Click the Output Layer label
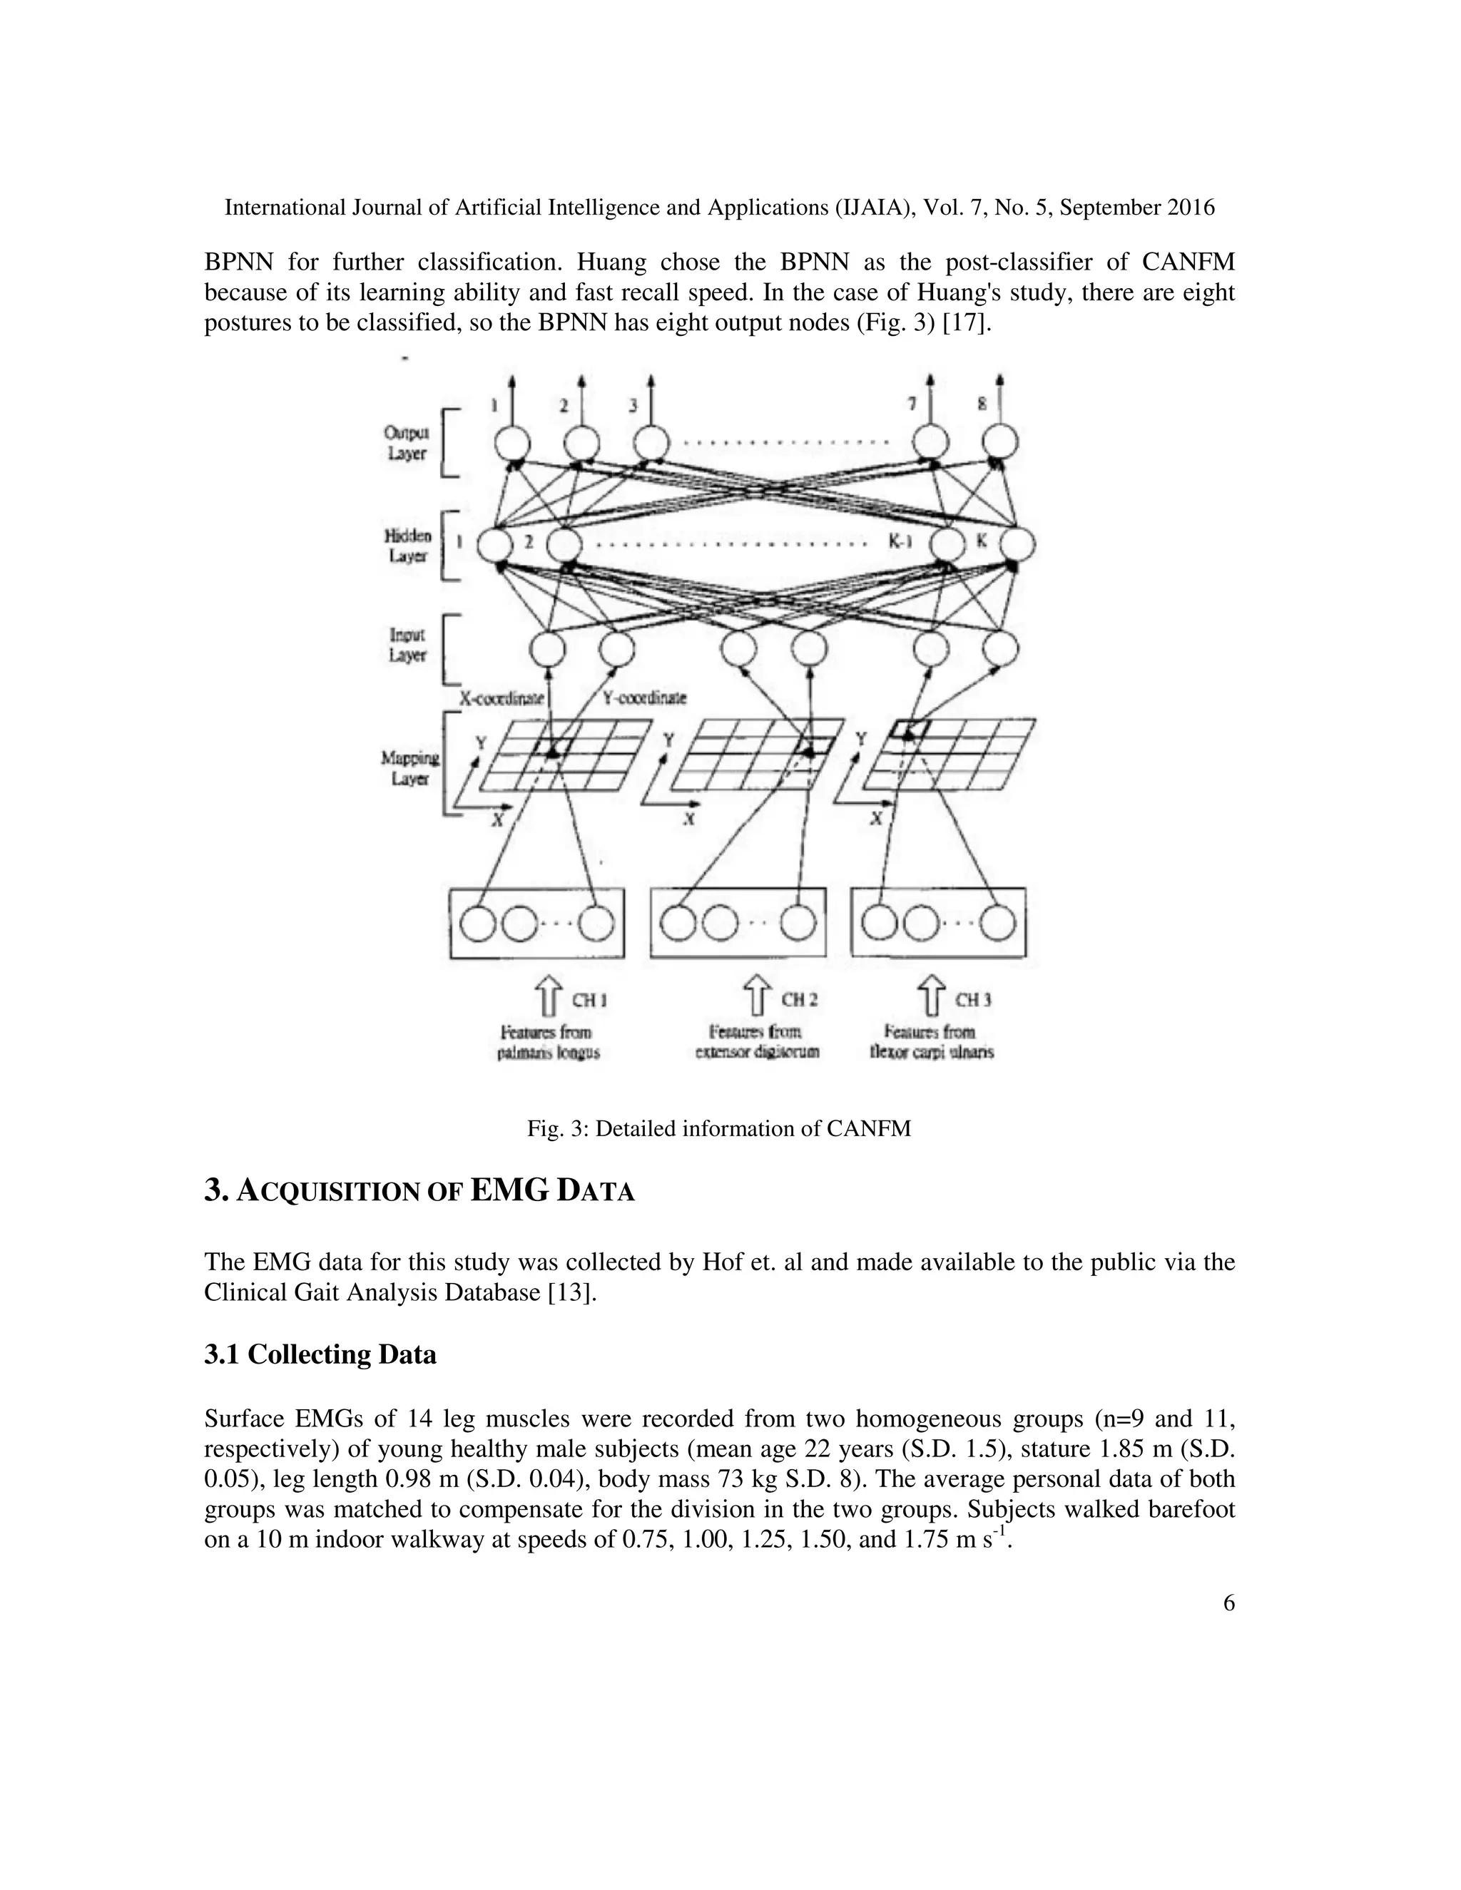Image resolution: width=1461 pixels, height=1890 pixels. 406,443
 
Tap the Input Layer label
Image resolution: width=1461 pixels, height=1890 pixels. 407,645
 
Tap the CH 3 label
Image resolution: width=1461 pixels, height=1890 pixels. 973,1001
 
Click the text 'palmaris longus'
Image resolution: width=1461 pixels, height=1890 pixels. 548,1053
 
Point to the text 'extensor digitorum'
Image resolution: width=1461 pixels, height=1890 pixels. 758,1053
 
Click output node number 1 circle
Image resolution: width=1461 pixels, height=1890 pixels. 511,445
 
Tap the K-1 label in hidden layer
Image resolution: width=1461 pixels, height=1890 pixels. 901,543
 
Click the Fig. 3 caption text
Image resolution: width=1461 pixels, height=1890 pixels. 719,1129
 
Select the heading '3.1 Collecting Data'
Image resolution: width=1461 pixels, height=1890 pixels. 320,1354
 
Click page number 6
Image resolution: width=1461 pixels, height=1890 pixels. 1229,1603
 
